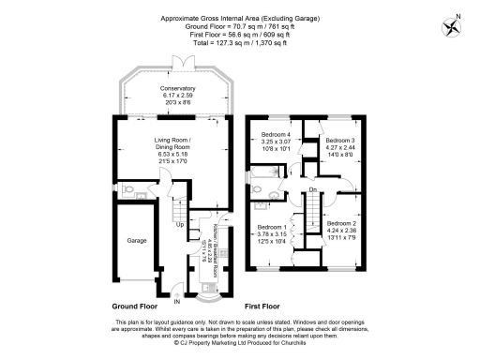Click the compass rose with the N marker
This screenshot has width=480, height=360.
456,24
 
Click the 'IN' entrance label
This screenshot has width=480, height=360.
176,302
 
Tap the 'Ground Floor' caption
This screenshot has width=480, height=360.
132,307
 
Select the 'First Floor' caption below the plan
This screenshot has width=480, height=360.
264,307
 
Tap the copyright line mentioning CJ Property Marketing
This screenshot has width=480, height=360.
240,343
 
